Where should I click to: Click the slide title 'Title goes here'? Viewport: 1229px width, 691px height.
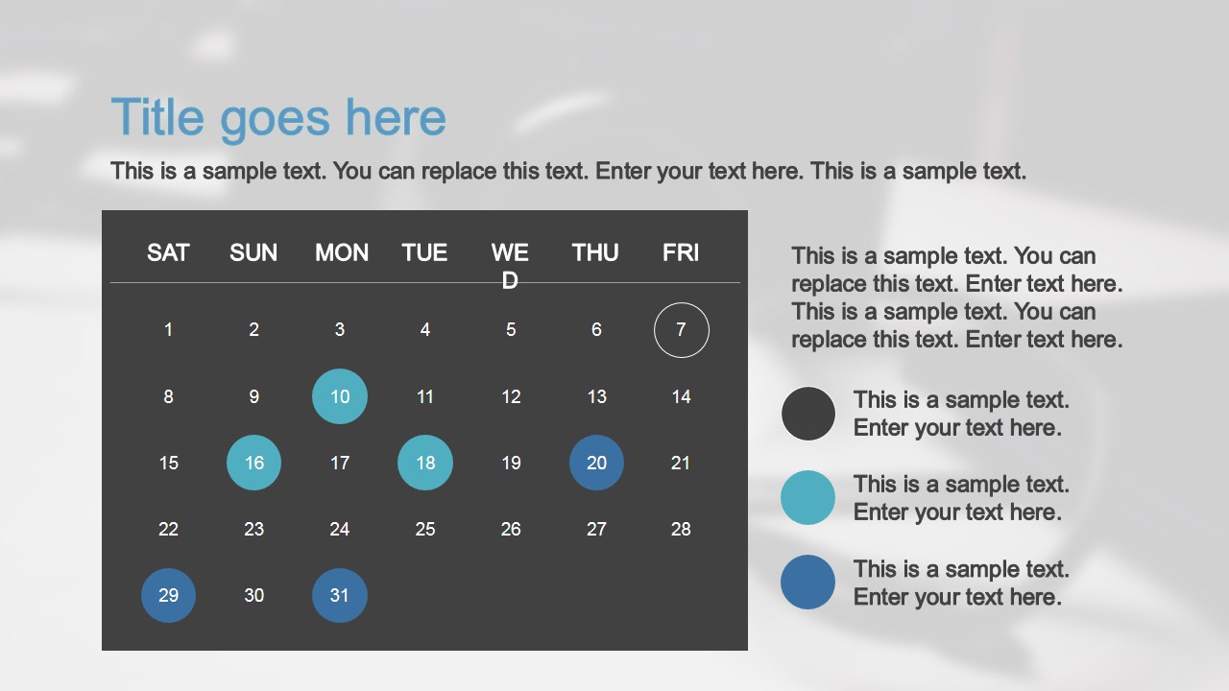(x=278, y=118)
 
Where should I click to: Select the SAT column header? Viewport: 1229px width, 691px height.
(x=168, y=252)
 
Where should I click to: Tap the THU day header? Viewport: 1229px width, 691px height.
(x=595, y=252)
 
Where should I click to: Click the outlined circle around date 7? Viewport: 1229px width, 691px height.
(x=681, y=330)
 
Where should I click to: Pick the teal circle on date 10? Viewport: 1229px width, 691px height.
(x=340, y=396)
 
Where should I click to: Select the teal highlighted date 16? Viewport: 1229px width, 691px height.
(x=253, y=463)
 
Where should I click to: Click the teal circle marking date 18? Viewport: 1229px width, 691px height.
(x=425, y=463)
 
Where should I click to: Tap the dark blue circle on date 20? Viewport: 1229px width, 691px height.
(x=596, y=463)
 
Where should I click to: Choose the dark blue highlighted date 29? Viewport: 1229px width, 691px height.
(x=168, y=595)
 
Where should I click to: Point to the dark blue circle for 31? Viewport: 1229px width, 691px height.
(x=340, y=595)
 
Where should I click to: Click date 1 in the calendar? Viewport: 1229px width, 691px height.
(x=168, y=330)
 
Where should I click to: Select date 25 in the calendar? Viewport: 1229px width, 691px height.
(x=425, y=529)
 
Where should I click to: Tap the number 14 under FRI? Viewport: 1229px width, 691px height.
(x=681, y=396)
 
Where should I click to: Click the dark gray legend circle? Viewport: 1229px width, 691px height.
(x=808, y=414)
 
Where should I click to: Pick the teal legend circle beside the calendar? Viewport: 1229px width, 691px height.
(x=808, y=497)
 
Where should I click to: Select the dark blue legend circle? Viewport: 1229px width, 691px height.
(x=808, y=582)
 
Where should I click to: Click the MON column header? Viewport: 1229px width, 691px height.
(x=342, y=252)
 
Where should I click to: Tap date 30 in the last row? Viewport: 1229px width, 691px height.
(x=253, y=595)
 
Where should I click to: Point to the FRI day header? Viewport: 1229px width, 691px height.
(x=681, y=252)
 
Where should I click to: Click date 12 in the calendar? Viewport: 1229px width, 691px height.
(x=511, y=396)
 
